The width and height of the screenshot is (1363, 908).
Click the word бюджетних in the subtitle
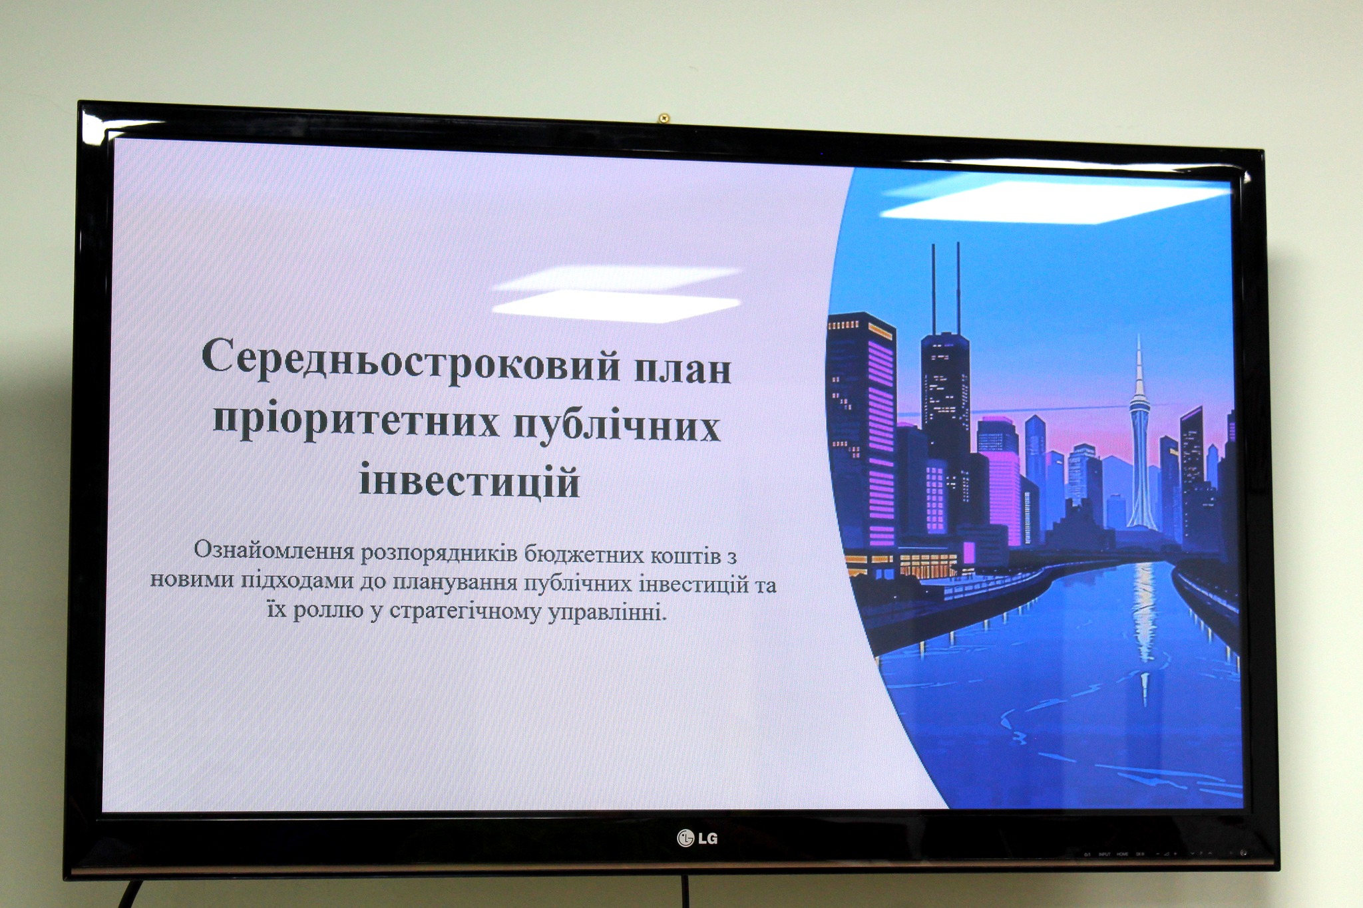(x=582, y=555)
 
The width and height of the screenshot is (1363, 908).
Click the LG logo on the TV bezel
(x=697, y=838)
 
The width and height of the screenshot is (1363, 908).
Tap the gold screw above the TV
(x=663, y=118)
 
